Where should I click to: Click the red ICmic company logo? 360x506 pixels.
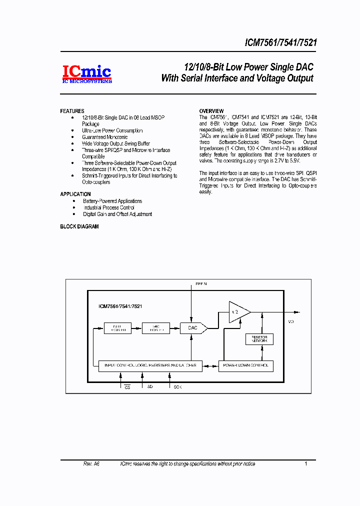point(86,73)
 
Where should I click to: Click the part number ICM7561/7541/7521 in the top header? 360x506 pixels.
point(280,43)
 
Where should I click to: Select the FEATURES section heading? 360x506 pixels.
point(72,111)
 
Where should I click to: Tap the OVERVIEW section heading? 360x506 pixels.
point(211,111)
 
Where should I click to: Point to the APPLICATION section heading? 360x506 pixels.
point(75,194)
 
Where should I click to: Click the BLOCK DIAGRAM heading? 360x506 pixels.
point(79,226)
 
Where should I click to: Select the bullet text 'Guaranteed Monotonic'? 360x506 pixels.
point(104,137)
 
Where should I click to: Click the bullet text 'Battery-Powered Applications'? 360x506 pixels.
point(112,201)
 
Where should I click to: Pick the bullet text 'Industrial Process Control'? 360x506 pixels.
point(108,207)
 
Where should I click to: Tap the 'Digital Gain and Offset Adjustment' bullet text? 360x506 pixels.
point(117,214)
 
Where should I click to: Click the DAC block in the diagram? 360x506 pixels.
point(192,328)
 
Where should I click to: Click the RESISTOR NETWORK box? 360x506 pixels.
point(259,339)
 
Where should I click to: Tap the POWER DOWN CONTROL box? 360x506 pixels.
point(246,365)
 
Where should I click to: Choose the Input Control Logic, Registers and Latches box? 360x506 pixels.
point(150,365)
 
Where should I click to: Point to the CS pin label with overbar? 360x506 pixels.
point(127,387)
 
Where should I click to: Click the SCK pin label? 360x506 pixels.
point(177,387)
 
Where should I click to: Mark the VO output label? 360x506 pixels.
point(291,322)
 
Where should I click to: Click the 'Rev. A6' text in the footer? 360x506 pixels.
point(91,464)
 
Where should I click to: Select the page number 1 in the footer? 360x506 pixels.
point(305,464)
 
